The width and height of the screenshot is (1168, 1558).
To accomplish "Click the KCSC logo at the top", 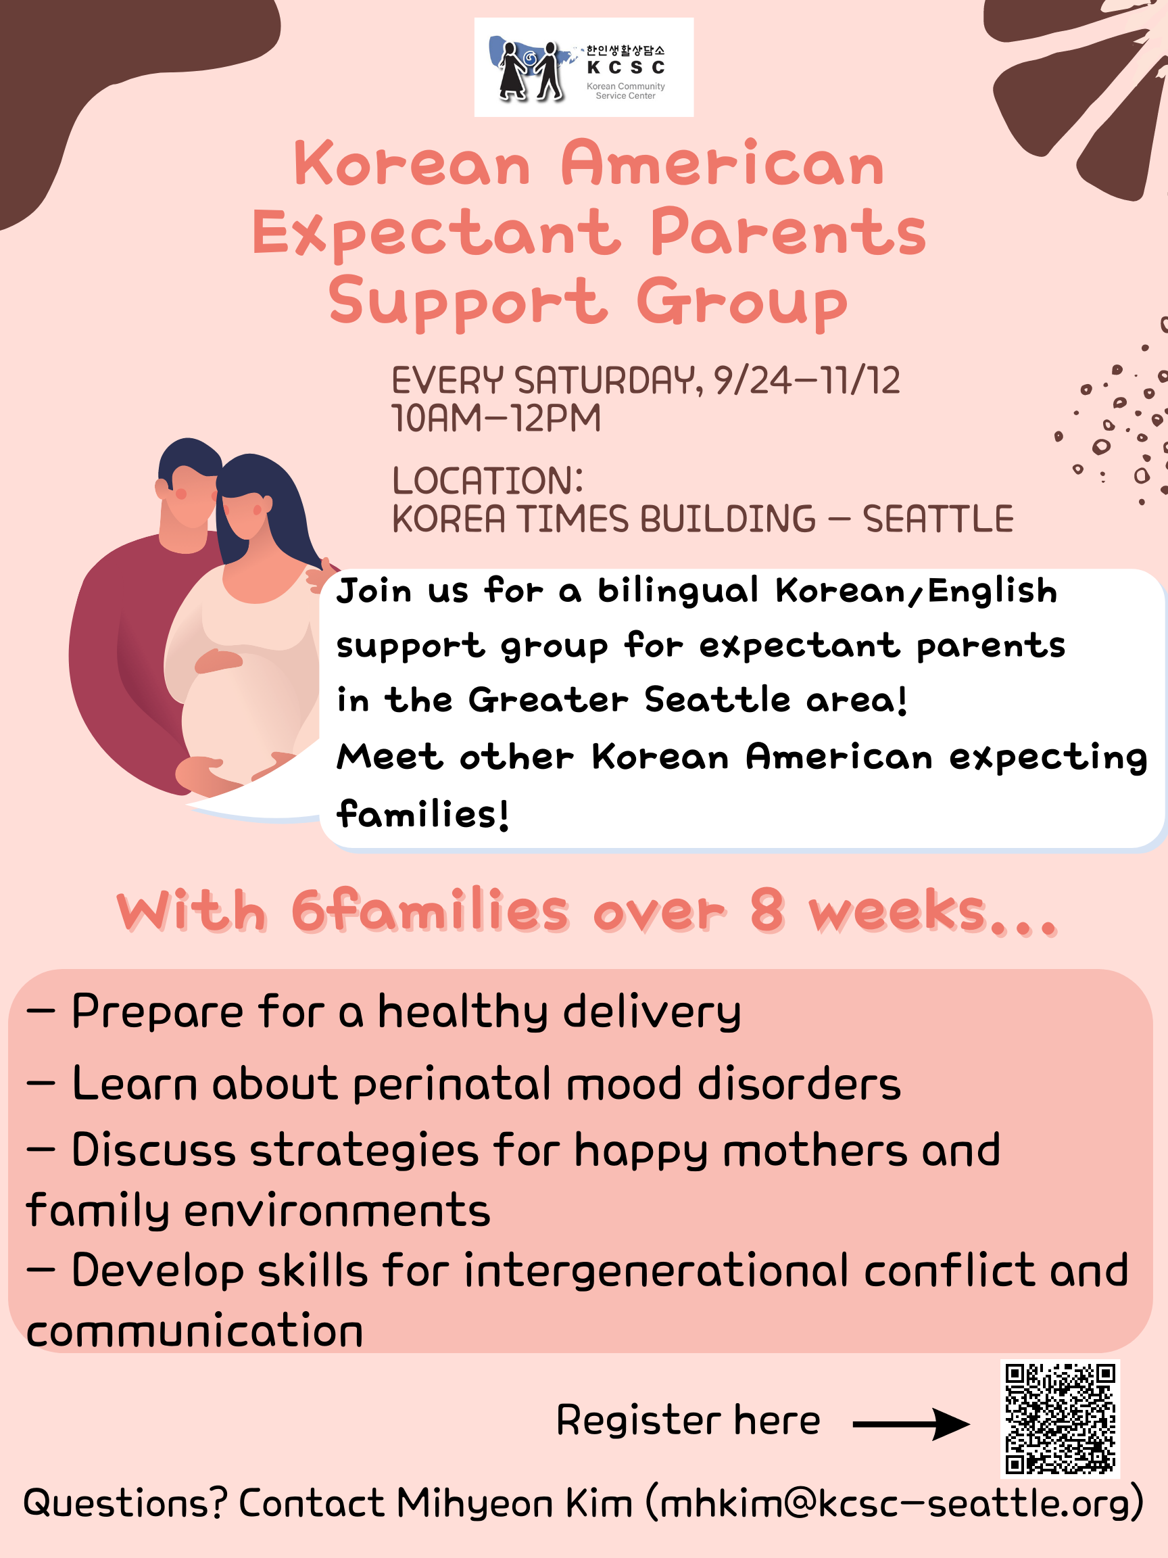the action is click(x=583, y=67).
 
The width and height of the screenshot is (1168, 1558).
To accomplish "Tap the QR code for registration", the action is click(x=1061, y=1419).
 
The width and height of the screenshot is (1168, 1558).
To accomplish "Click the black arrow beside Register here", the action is click(x=911, y=1424).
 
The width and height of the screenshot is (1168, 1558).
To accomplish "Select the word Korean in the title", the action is click(x=412, y=164).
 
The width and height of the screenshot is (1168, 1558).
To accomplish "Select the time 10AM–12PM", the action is click(x=496, y=419).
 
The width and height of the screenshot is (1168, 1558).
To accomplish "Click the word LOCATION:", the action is click(x=488, y=480).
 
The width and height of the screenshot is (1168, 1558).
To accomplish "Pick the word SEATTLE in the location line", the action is click(x=938, y=519).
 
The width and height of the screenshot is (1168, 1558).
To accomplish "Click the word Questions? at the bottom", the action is click(x=125, y=1503).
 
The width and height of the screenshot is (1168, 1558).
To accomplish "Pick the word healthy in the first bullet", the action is click(x=463, y=1012).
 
